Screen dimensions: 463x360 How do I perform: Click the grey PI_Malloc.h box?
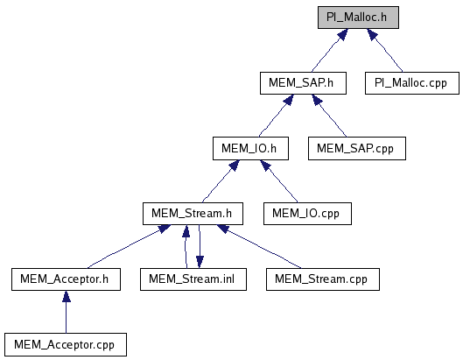pyautogui.click(x=358, y=18)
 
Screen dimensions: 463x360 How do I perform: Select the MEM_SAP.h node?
pyautogui.click(x=303, y=83)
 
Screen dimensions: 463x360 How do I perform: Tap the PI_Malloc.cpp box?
pyautogui.click(x=412, y=83)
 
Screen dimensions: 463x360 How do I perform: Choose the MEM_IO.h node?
pyautogui.click(x=250, y=148)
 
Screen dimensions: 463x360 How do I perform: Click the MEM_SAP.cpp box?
pyautogui.click(x=357, y=148)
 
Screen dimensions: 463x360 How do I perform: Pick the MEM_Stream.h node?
pyautogui.click(x=193, y=214)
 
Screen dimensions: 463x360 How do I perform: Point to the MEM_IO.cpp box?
pyautogui.click(x=307, y=214)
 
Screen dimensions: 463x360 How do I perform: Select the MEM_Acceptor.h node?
pyautogui.click(x=66, y=279)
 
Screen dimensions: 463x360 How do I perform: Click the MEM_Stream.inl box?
pyautogui.click(x=193, y=279)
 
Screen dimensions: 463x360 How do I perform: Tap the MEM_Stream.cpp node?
pyautogui.click(x=323, y=279)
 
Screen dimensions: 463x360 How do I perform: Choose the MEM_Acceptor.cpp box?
pyautogui.click(x=66, y=344)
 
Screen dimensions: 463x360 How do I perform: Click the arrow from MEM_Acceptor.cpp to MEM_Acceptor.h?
pyautogui.click(x=67, y=312)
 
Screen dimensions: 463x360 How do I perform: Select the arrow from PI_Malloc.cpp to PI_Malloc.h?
pyautogui.click(x=384, y=50)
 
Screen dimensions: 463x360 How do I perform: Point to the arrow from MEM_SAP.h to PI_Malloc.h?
pyautogui.click(x=330, y=50)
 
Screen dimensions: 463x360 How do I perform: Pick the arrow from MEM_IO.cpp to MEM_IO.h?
pyautogui.click(x=279, y=181)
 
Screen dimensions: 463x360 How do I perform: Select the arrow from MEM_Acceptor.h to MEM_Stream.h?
pyautogui.click(x=129, y=246)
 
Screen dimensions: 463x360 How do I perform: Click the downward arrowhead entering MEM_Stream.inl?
pyautogui.click(x=200, y=262)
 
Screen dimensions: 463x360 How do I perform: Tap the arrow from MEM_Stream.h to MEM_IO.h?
pyautogui.click(x=221, y=181)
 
